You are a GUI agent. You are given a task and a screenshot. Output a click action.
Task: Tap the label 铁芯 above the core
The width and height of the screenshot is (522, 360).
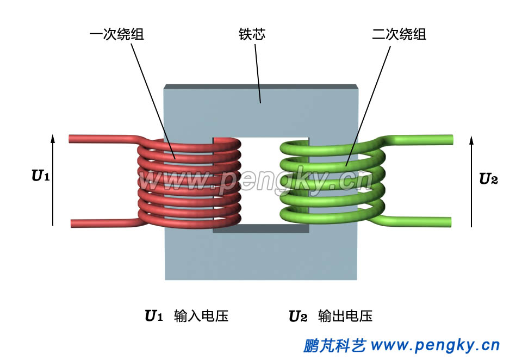pyautogui.click(x=252, y=35)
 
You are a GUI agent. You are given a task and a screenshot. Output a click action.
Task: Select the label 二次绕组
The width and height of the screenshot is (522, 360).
pyautogui.click(x=399, y=35)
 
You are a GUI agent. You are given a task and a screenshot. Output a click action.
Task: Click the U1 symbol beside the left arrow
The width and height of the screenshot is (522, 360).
pyautogui.click(x=41, y=176)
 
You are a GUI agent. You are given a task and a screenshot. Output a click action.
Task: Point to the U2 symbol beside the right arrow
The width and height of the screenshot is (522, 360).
pyautogui.click(x=488, y=179)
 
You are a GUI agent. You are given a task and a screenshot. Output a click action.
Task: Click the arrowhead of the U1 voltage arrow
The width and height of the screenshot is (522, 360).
pyautogui.click(x=53, y=136)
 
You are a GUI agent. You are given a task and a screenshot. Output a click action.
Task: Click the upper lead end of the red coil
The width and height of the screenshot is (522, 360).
pyautogui.click(x=72, y=139)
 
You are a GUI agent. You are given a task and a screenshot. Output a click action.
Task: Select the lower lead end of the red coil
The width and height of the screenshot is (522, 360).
pyautogui.click(x=73, y=223)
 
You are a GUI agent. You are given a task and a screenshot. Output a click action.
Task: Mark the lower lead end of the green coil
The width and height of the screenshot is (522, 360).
pyautogui.click(x=448, y=221)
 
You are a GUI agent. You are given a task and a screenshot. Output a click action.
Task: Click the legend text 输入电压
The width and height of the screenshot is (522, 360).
pyautogui.click(x=201, y=316)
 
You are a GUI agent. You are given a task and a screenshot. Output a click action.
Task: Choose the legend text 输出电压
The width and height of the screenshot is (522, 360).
pyautogui.click(x=345, y=316)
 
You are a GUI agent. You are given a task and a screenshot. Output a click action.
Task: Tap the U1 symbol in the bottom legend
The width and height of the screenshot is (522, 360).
pyautogui.click(x=154, y=316)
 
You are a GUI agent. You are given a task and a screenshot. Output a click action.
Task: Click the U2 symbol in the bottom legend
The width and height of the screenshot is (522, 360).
pyautogui.click(x=298, y=316)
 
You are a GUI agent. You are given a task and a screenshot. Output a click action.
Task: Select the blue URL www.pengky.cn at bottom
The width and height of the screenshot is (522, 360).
pyautogui.click(x=434, y=345)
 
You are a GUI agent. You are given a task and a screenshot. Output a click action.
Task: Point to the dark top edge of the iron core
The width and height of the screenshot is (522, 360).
pyautogui.click(x=260, y=87)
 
